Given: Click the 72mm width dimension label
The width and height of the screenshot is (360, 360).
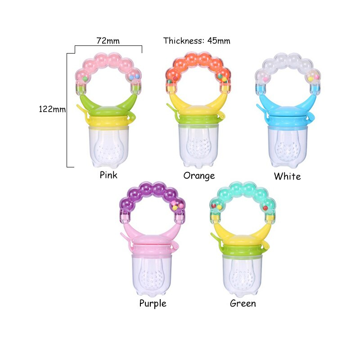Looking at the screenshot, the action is (108, 40).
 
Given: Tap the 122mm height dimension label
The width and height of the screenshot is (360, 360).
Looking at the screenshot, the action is (52, 109).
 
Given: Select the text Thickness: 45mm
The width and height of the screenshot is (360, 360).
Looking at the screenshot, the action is (197, 40).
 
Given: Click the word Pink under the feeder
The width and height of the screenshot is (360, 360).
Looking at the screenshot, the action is (108, 175).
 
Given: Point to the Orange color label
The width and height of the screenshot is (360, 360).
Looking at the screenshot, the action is (199, 175).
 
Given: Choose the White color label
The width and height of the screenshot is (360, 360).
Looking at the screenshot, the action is (287, 176).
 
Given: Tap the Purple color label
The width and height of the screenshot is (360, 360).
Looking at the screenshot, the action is (153, 303).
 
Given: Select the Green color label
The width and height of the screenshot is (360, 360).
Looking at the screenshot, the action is (243, 303).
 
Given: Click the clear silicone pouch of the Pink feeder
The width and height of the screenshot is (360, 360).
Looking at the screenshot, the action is (109, 146).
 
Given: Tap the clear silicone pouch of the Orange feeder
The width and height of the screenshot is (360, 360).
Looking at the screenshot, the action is (198, 146).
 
